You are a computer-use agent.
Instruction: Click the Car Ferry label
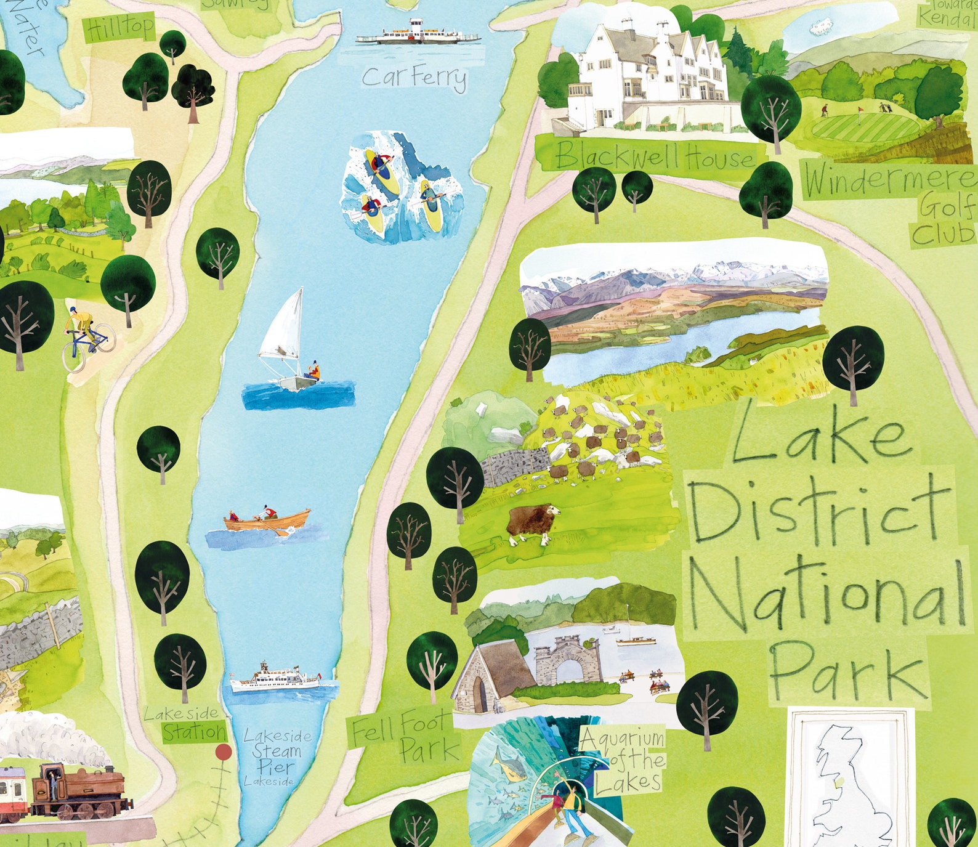[414, 78]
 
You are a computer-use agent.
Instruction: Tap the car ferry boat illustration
[418, 34]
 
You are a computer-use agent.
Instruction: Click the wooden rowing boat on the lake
[268, 521]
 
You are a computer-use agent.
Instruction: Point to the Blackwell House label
[654, 157]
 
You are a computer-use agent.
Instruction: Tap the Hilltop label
[121, 28]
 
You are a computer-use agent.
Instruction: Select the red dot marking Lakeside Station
[223, 752]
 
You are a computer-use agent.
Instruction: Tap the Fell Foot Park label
[406, 734]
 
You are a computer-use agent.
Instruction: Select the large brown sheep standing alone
[533, 523]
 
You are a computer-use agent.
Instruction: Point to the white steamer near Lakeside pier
[275, 679]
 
